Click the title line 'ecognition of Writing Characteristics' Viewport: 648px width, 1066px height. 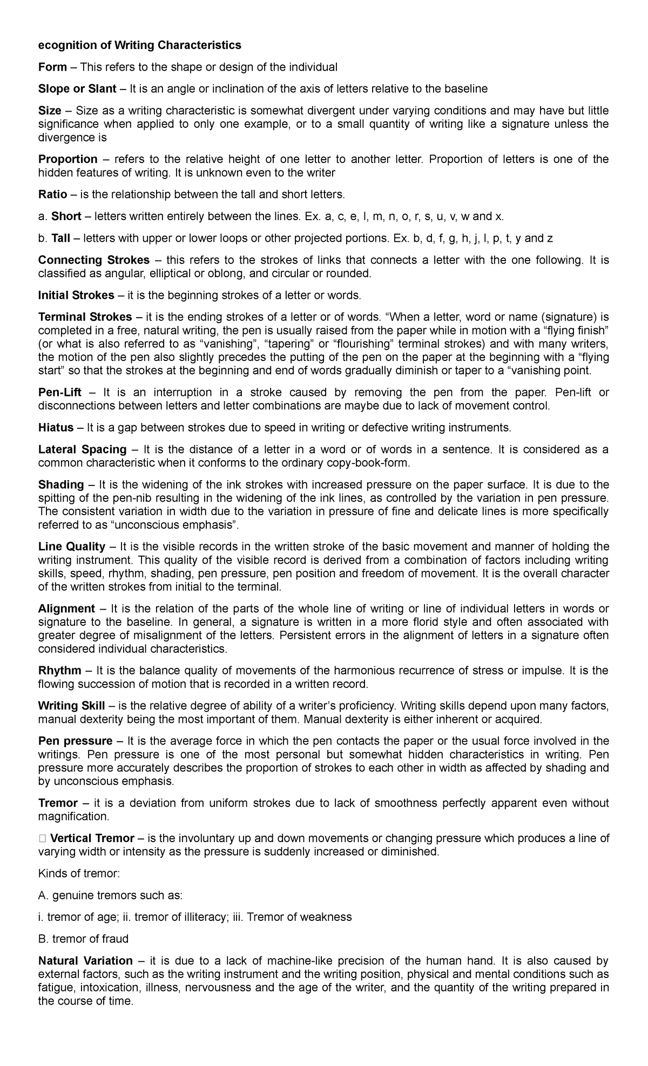139,45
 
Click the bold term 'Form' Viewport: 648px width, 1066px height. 52,67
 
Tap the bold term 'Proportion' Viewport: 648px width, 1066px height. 68,159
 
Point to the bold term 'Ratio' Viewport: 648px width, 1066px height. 52,194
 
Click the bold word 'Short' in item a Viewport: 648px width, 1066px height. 66,216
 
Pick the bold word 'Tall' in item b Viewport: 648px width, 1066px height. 62,238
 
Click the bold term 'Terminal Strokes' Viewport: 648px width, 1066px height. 85,317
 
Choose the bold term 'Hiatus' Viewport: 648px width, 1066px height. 56,428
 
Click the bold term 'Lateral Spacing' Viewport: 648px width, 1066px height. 82,449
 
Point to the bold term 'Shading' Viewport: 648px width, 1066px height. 61,484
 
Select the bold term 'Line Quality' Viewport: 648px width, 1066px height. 72,546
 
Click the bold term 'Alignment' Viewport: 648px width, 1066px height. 66,609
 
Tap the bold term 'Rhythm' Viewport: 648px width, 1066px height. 59,671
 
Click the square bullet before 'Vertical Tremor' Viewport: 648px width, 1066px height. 42,838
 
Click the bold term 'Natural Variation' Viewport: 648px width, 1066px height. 85,961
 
